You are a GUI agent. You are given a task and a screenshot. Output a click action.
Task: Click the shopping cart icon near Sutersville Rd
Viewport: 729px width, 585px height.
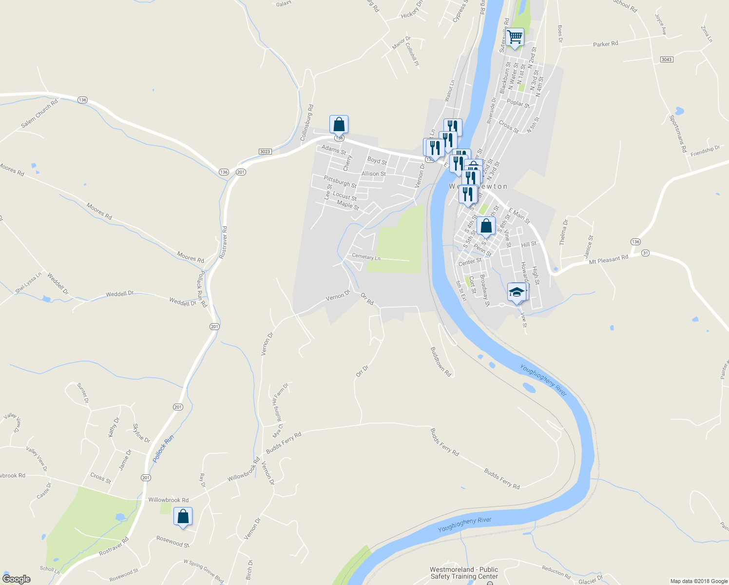[x=515, y=37]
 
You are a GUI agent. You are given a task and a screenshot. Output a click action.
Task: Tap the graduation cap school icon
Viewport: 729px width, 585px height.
[x=517, y=292]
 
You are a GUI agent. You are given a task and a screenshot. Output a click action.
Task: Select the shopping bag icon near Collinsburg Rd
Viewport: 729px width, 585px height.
[x=339, y=124]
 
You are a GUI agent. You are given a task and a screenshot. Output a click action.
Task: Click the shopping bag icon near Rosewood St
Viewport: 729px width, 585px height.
[x=183, y=516]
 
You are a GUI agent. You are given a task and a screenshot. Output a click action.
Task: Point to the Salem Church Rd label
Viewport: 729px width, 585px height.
[x=39, y=114]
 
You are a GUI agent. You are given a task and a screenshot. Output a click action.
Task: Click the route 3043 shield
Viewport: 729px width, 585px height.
[x=666, y=59]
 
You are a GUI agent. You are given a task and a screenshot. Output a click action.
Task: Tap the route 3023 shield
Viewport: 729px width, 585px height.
[x=265, y=152]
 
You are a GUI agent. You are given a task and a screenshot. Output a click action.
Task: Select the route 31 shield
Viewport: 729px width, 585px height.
[x=645, y=253]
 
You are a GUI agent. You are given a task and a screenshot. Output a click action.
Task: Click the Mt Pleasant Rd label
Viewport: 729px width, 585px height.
[x=608, y=259]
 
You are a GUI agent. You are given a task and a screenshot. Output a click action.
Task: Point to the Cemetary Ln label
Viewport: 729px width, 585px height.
[x=366, y=256]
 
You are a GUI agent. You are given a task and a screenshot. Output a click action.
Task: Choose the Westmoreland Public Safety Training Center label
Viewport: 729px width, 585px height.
[x=464, y=573]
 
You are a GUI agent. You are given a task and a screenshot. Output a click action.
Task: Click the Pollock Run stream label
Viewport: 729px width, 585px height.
[x=163, y=449]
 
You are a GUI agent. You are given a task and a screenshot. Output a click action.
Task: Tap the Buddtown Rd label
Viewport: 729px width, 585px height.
[x=441, y=362]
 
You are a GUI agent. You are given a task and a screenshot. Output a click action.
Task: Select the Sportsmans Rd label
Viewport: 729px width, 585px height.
[x=677, y=134]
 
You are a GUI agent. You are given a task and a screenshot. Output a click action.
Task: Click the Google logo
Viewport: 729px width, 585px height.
[x=16, y=579]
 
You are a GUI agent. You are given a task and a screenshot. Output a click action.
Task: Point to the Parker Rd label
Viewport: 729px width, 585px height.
[x=605, y=44]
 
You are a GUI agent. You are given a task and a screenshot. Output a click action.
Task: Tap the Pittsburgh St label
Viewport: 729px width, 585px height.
[x=340, y=182]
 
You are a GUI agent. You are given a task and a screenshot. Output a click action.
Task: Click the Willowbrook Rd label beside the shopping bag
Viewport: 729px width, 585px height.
[x=168, y=500]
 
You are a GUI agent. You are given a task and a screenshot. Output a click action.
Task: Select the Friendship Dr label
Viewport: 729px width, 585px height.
[x=705, y=151]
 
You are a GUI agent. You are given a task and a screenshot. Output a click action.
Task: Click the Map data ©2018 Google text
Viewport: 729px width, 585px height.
[x=698, y=581]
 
